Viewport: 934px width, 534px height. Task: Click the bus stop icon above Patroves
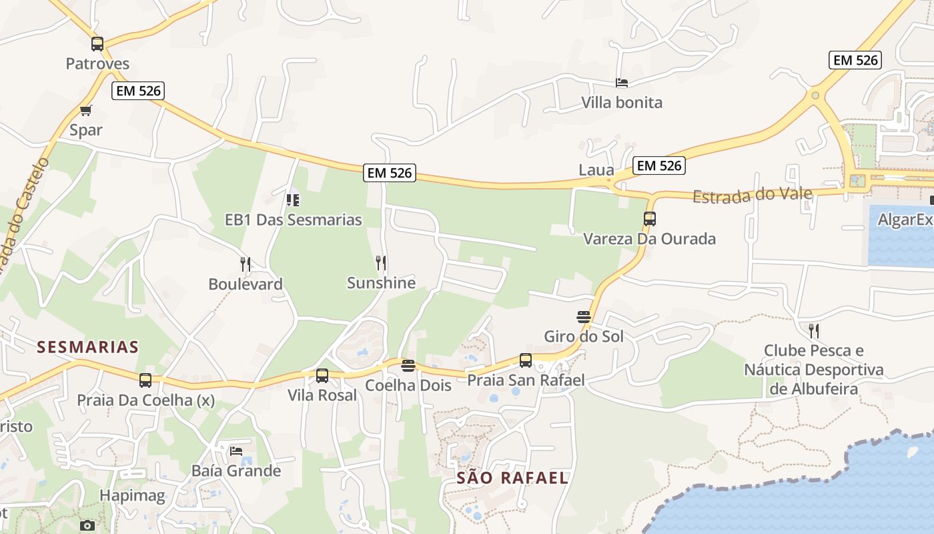coord(97,45)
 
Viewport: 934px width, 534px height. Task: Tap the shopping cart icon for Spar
coord(85,110)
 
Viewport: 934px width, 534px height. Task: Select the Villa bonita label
coord(622,102)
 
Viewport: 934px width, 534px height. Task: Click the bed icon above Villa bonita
coord(622,83)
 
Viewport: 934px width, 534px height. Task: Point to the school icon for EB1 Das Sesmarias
coord(292,200)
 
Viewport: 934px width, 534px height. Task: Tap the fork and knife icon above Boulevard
coord(246,264)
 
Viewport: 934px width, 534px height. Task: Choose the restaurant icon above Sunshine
coord(381,263)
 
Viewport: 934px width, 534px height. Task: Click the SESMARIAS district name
coord(88,347)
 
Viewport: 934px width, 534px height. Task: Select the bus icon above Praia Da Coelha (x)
coord(145,380)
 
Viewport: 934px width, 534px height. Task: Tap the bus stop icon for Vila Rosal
coord(322,376)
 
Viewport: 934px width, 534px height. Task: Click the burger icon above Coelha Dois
coord(408,366)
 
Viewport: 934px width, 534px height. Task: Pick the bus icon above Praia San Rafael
coord(526,360)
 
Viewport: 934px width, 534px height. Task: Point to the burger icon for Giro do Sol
coord(584,316)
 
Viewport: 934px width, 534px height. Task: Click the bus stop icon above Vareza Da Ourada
coord(649,219)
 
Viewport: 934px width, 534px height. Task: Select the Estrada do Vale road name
coord(753,195)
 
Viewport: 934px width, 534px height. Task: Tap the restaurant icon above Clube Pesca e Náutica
coord(814,330)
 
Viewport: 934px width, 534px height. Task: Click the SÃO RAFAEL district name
coord(512,478)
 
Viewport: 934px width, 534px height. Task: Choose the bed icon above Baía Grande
coord(236,451)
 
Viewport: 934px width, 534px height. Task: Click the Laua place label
coord(596,170)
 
